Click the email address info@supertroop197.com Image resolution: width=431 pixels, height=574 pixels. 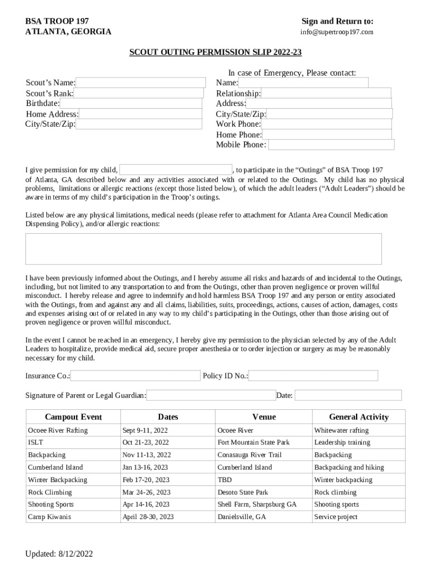[337, 32]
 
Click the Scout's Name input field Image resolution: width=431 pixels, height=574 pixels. [140, 83]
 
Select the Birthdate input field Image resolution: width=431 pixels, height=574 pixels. [130, 103]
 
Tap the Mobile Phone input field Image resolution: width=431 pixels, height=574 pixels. [331, 145]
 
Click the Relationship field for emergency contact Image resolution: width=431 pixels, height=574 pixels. [326, 94]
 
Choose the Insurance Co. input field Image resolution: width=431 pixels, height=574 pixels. [135, 376]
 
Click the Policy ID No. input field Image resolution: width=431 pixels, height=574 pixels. [313, 376]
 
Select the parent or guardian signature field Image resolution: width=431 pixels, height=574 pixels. [211, 395]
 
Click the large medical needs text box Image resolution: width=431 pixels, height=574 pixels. [203, 248]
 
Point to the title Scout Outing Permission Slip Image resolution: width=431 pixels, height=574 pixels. [215, 52]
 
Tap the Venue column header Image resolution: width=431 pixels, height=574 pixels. [264, 416]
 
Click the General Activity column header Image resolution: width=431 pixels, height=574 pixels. [358, 416]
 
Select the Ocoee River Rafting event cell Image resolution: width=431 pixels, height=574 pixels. [58, 430]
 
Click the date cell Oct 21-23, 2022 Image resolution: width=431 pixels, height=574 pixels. [145, 442]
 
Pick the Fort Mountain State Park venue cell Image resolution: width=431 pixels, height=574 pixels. [253, 442]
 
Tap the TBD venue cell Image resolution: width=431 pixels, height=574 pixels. [224, 480]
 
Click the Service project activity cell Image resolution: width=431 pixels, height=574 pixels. [336, 517]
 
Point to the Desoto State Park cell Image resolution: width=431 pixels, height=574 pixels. [242, 492]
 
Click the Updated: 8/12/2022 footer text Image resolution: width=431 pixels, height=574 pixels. [59, 554]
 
